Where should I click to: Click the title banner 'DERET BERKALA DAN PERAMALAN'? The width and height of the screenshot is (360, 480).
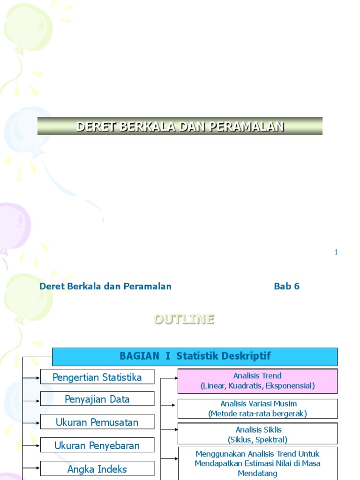point(180,126)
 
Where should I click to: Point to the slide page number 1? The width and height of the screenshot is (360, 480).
point(336,252)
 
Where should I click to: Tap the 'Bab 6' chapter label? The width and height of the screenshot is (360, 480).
point(286,286)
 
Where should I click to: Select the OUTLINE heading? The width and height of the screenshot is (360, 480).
point(184,319)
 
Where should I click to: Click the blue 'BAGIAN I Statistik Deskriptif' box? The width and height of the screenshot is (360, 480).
point(195,356)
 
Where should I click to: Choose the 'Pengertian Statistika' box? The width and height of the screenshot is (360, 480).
point(97,377)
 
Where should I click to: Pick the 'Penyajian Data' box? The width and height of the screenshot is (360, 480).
point(97,399)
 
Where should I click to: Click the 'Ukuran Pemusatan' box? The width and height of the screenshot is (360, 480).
point(97,422)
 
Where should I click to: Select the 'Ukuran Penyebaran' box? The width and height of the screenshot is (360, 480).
point(97,445)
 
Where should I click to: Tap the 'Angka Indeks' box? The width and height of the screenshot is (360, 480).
point(97,469)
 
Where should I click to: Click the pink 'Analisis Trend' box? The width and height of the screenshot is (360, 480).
point(257,381)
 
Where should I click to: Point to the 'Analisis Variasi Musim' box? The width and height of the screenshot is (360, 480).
point(257,408)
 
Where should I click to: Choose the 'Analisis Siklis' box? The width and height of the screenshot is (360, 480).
point(257,434)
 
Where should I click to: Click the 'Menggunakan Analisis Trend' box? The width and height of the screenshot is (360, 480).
point(257,463)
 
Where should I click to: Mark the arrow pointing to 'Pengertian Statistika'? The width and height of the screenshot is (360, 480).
point(32,377)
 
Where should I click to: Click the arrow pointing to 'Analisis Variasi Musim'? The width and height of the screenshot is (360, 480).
point(169,405)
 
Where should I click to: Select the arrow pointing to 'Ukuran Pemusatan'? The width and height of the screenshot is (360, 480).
point(32,423)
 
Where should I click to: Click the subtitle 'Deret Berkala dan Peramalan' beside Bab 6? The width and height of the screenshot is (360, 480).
point(105,286)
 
